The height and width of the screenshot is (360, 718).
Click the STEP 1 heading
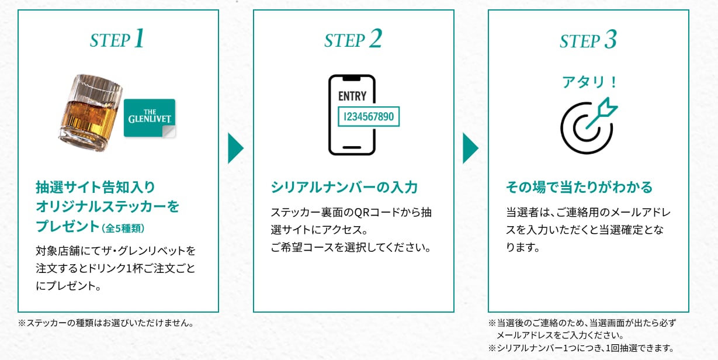pos(117,39)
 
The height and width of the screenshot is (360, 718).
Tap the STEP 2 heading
pos(353,39)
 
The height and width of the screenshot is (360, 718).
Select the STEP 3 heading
pos(588,40)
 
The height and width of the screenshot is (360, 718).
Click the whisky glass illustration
pos(91,113)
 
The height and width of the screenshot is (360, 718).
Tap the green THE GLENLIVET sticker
pos(150,118)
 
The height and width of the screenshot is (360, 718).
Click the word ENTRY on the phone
pos(352,96)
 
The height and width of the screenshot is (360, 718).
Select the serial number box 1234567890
pos(369,116)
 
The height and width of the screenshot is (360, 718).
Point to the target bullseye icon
pos(589,126)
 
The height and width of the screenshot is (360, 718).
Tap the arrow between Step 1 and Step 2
pos(235,148)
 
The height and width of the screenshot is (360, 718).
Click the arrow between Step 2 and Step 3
pos(470,148)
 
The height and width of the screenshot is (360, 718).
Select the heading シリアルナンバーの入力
pos(344,187)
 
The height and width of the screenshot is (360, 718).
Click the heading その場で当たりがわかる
pos(579,187)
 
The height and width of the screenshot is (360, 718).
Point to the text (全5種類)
pos(123,229)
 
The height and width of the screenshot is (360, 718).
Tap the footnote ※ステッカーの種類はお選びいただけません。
pos(106,323)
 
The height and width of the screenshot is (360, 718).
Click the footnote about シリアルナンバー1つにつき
pos(581,348)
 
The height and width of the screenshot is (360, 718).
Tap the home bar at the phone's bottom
pos(352,147)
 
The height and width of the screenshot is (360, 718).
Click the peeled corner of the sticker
pos(169,131)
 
